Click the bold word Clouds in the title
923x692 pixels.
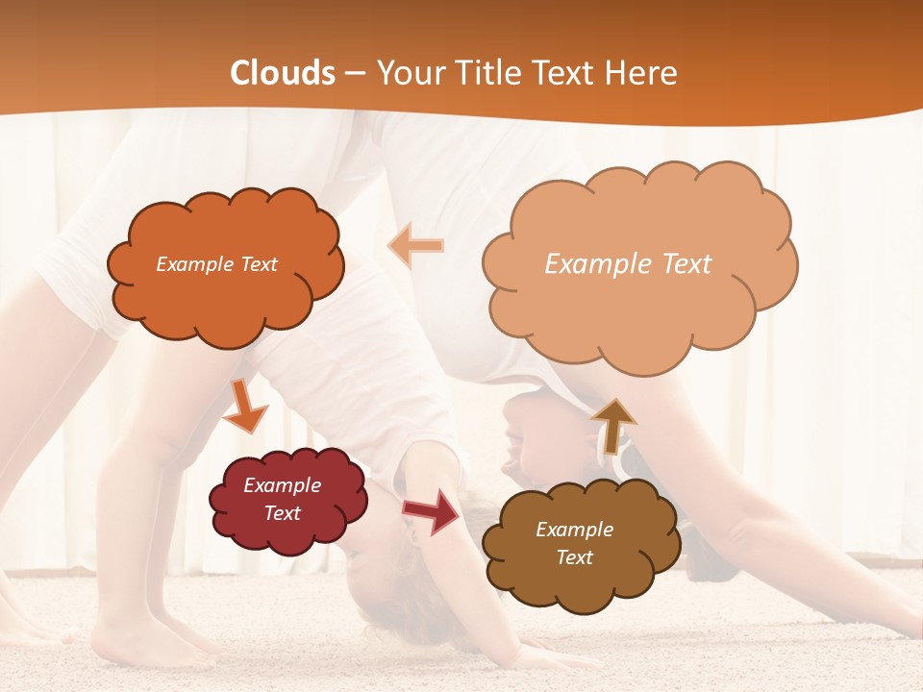point(283,73)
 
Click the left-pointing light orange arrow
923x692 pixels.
point(415,246)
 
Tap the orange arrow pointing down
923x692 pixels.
point(244,408)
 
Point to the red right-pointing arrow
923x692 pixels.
point(432,510)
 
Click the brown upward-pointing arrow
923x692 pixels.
point(613,424)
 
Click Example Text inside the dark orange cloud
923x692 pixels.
point(216,264)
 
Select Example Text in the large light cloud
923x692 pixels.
point(628,264)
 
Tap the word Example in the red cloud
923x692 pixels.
point(283,485)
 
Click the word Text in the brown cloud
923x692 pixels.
point(574,557)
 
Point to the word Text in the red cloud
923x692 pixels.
point(283,513)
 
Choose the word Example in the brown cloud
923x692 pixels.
point(574,530)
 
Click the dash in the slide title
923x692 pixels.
point(356,73)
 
